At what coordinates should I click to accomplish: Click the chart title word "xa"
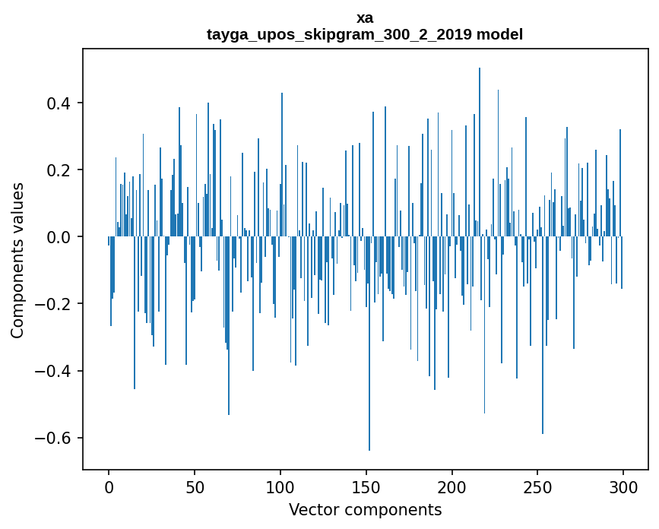(365, 17)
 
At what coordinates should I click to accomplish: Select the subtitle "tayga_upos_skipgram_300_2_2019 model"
(365, 34)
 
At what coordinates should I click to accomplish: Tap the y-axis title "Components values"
(17, 260)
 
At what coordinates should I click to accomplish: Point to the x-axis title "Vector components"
(365, 509)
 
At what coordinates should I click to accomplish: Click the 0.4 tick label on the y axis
(58, 103)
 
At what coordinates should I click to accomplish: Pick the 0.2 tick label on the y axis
(58, 170)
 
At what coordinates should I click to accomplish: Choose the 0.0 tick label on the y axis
(58, 237)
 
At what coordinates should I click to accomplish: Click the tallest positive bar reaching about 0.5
(480, 152)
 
